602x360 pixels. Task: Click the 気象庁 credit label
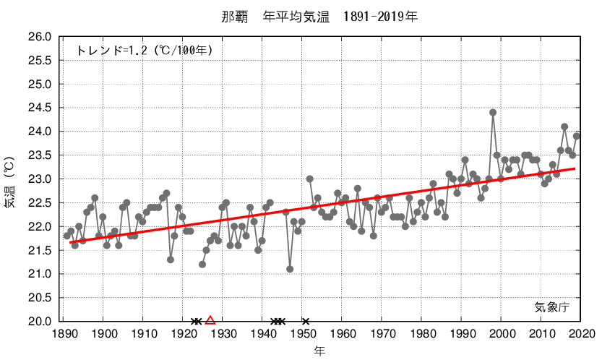click(552, 307)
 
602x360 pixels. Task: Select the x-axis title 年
click(319, 351)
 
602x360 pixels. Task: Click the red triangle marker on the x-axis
click(210, 320)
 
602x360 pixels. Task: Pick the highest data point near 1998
click(493, 113)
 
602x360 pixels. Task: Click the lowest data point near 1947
click(290, 269)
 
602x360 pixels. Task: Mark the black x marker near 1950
click(306, 321)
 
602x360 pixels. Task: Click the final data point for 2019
click(577, 136)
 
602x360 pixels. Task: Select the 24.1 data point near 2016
click(564, 127)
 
